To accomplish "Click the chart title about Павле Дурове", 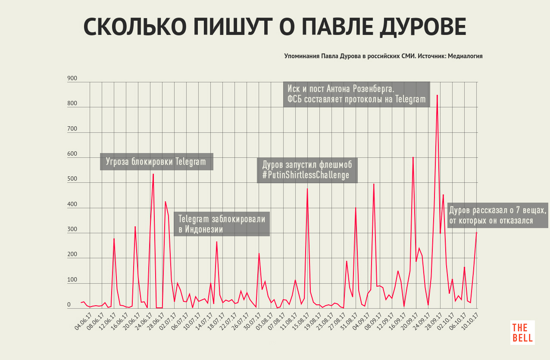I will [x=275, y=28].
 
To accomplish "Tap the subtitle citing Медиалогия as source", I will [x=383, y=56].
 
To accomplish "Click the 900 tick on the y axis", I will [x=72, y=79].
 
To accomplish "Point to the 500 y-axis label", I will [x=72, y=180].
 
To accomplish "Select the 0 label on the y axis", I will [x=69, y=305].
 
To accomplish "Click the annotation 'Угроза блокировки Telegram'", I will [x=156, y=162].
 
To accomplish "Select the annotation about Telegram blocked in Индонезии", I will [x=222, y=224].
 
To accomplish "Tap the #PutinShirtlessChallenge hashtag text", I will [x=306, y=175].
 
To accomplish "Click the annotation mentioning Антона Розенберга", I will [x=356, y=94].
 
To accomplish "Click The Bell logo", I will [x=522, y=332].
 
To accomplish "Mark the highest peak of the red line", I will [x=437, y=95].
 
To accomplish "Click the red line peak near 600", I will [x=413, y=157].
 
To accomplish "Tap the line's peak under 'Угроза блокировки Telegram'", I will [x=153, y=174].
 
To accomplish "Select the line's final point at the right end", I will [x=476, y=232].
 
